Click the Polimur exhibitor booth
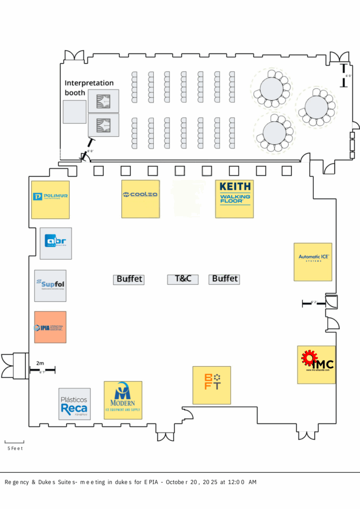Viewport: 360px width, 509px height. point(50,199)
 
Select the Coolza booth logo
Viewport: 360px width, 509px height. point(141,199)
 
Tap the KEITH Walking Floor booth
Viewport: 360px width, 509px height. point(234,199)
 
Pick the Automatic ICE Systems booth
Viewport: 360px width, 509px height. point(313,262)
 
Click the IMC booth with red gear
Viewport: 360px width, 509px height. point(316,364)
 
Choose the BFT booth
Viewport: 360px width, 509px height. point(212,385)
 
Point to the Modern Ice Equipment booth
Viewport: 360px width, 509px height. point(123,400)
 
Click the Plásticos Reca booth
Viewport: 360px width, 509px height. point(75,404)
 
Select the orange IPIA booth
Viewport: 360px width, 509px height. point(50,327)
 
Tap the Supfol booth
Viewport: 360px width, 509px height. point(50,285)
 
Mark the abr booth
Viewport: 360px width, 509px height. point(56,243)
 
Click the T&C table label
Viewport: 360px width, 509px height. point(183,279)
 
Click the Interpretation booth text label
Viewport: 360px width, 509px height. point(89,87)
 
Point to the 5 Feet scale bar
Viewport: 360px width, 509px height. point(14,442)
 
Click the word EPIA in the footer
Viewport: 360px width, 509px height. point(151,482)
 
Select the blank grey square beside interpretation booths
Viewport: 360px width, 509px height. point(75,112)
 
